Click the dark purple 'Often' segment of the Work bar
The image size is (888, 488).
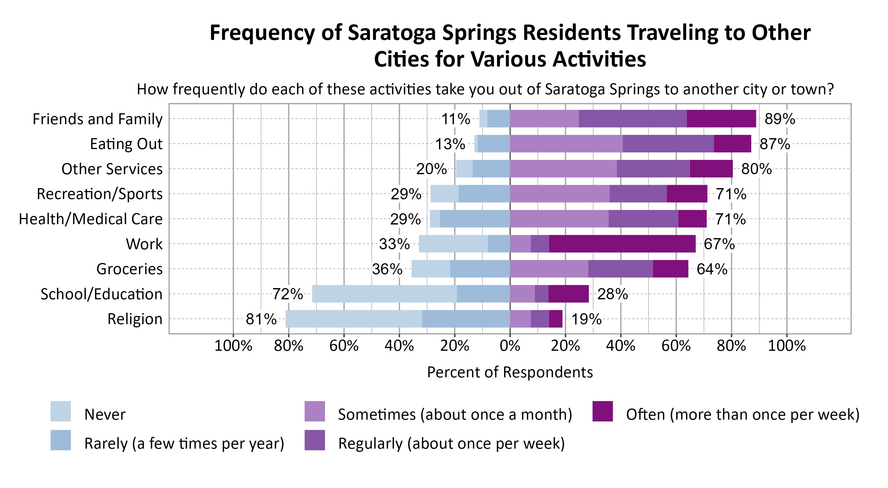(x=622, y=244)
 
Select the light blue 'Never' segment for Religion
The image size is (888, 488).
(x=353, y=319)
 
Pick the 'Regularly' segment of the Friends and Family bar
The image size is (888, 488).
(x=633, y=119)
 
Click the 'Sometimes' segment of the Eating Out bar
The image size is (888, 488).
(x=566, y=144)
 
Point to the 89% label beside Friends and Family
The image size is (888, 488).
(x=780, y=119)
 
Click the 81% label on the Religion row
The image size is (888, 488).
(x=261, y=319)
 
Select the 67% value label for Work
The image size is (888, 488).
(x=719, y=244)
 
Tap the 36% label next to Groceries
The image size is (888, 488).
(x=387, y=269)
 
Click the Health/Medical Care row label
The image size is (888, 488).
(x=90, y=219)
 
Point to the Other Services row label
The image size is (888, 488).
(x=112, y=169)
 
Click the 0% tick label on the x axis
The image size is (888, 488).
(x=510, y=346)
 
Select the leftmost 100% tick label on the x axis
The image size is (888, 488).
(x=233, y=346)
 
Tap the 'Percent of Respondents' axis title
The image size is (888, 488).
(x=510, y=372)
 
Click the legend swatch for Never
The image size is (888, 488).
(x=61, y=411)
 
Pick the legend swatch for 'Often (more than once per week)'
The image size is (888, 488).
(x=603, y=411)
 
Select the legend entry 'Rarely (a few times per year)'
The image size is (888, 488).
(x=184, y=444)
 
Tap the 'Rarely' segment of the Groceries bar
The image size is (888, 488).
(x=480, y=269)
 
